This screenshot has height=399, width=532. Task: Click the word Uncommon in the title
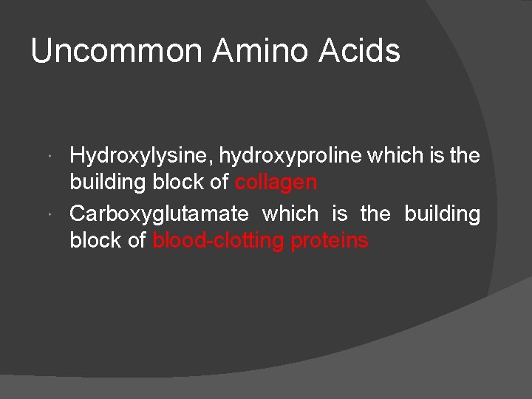pos(116,52)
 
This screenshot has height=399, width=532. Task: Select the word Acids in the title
pos(361,52)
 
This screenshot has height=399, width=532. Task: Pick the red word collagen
pos(276,183)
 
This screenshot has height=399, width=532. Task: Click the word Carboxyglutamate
pos(159,214)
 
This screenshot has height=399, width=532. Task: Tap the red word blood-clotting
pos(218,241)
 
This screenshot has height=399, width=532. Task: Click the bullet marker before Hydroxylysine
pos(48,157)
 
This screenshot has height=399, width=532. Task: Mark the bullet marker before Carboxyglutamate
pos(48,214)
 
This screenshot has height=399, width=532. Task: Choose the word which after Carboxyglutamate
pos(290,214)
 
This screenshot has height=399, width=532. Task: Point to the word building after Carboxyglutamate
pos(442,214)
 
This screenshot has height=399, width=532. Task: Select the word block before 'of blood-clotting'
pos(96,240)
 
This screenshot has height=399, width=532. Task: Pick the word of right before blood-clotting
pos(137,240)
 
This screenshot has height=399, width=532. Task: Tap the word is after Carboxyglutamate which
pos(340,214)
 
